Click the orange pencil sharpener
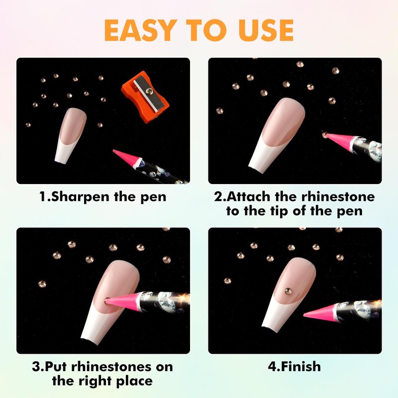145,97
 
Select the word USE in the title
266,30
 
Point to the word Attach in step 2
248,197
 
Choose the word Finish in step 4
301,367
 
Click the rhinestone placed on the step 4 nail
288,291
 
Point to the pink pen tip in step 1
127,157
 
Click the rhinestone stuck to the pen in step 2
325,134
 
